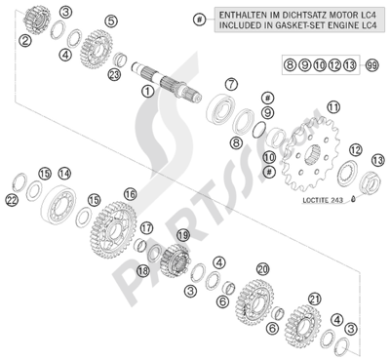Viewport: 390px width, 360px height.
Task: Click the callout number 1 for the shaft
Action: pos(148,92)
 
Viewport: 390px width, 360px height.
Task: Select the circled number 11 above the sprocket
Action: pos(333,107)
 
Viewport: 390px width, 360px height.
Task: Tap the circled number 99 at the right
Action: pos(372,65)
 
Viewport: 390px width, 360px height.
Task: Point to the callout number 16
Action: pos(130,194)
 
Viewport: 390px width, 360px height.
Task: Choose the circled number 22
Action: pos(12,201)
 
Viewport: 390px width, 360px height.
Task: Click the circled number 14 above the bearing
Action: pos(64,174)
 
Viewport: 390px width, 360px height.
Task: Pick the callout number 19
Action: pos(183,235)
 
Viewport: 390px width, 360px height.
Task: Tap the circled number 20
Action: pos(263,269)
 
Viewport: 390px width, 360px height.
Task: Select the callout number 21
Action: pos(315,299)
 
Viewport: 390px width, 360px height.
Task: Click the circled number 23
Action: pos(114,75)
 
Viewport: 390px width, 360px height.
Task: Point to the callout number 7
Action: pos(231,85)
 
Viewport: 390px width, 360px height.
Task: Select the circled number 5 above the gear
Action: pos(110,21)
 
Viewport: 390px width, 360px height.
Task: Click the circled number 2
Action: pos(25,41)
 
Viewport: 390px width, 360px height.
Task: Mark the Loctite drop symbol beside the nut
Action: pos(354,198)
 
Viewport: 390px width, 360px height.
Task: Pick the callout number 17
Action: pos(146,228)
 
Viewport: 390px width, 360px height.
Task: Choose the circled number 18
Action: pos(143,269)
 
